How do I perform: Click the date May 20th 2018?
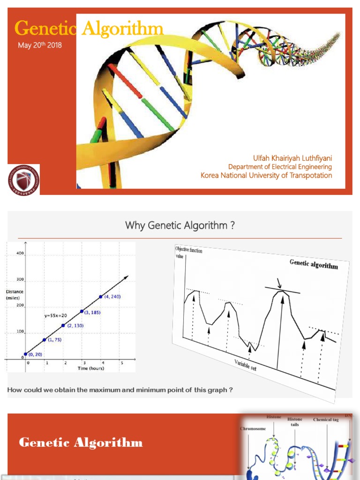click(40, 45)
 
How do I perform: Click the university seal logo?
click(23, 180)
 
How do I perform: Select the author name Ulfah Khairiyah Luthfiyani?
click(292, 158)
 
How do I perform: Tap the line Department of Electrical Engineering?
click(280, 167)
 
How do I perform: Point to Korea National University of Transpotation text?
click(266, 175)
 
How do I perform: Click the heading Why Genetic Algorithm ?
click(180, 225)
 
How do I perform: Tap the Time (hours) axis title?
click(91, 368)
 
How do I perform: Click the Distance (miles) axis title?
click(15, 294)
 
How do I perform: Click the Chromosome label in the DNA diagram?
click(254, 428)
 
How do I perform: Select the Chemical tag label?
click(326, 420)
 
